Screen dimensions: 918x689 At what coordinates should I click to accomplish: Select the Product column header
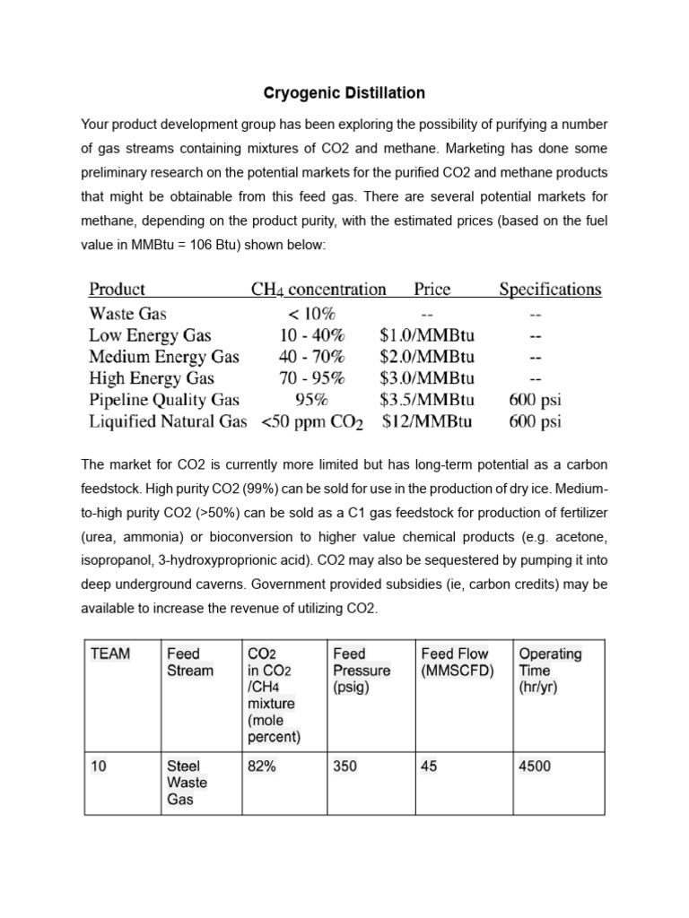click(x=117, y=289)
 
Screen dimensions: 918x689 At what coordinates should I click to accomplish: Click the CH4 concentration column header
click(x=318, y=289)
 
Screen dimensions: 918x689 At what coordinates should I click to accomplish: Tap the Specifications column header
click(x=550, y=289)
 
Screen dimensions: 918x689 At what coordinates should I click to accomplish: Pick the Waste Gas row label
click(x=127, y=314)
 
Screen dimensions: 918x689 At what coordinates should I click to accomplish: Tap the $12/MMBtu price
click(x=428, y=420)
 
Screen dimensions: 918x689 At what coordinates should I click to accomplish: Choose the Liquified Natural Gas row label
click(x=168, y=420)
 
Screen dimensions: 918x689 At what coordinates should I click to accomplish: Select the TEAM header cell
click(x=110, y=654)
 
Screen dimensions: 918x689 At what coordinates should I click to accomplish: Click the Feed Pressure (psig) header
click(x=362, y=670)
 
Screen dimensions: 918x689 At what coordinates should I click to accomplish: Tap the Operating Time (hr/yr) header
click(x=550, y=670)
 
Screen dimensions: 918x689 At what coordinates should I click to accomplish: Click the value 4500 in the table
click(x=536, y=766)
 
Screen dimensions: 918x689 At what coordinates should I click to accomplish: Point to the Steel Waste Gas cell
click(x=188, y=783)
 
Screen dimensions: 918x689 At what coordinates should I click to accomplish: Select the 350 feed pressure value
click(x=345, y=766)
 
